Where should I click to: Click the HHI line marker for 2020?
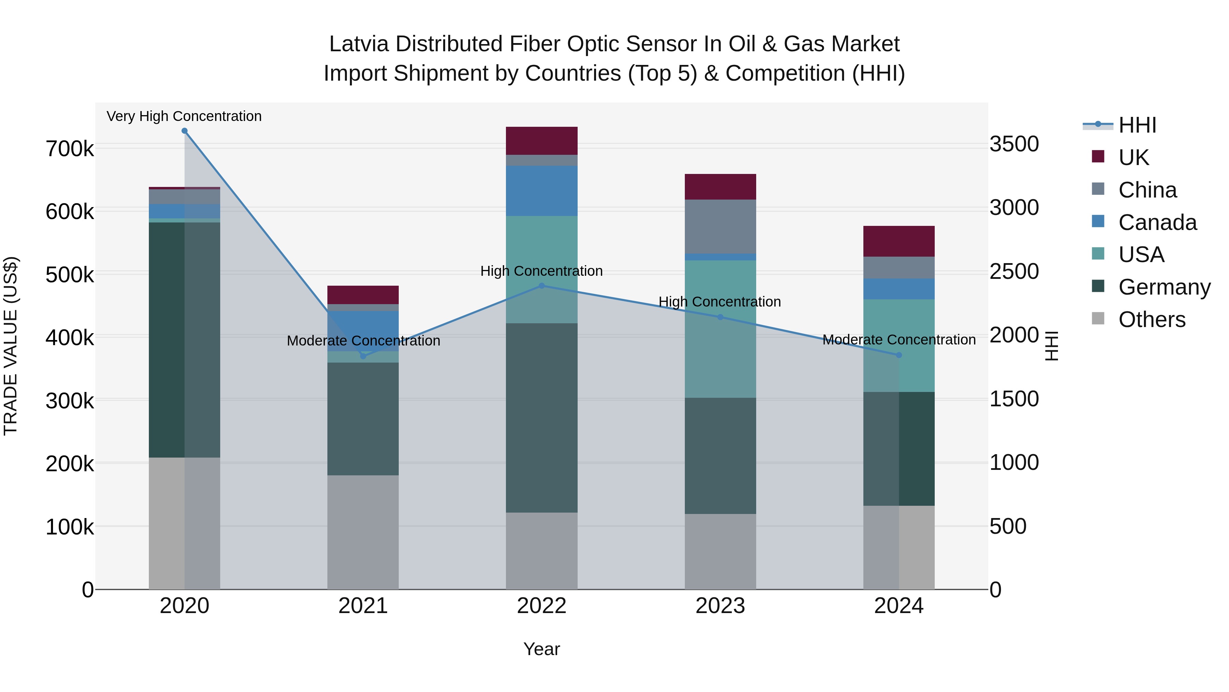185,131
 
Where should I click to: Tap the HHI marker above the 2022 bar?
541,286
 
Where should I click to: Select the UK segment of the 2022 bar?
541,141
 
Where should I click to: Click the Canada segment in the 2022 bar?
541,191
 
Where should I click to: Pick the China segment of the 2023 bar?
720,227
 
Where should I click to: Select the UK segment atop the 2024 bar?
899,241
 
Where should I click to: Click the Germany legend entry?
1164,287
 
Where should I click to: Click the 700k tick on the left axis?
70,149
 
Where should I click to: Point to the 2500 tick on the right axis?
1014,271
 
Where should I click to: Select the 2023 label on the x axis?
720,606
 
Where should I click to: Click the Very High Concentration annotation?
184,116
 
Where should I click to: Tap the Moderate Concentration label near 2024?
899,340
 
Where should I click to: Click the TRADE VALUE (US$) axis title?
11,346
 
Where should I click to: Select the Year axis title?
541,649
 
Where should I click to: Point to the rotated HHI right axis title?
1051,346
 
